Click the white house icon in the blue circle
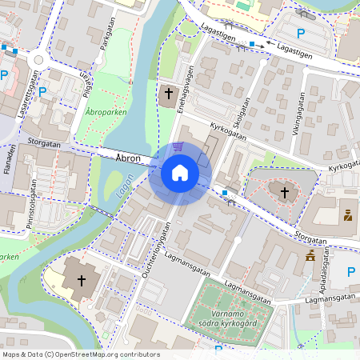[180, 172]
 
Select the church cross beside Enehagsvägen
[169, 94]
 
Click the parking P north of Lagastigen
[301, 34]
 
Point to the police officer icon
[348, 215]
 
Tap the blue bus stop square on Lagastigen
[252, 43]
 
